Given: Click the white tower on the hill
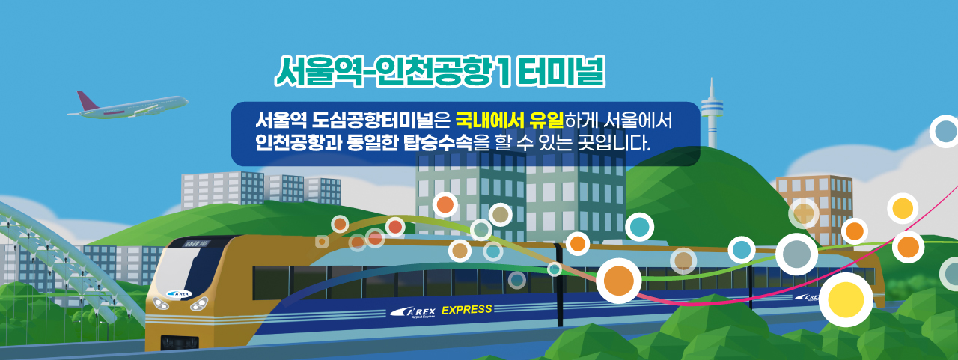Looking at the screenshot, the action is (x=712, y=113).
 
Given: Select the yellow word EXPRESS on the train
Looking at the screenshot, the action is (x=466, y=310).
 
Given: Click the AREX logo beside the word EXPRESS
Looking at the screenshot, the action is (x=413, y=313).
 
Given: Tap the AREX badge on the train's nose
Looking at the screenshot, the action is (x=179, y=293).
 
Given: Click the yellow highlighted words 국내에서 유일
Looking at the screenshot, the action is (x=510, y=120).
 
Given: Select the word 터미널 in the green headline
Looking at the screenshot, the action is (x=561, y=71).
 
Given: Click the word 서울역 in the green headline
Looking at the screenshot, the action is (x=319, y=71).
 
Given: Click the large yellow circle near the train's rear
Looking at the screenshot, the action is (x=846, y=299).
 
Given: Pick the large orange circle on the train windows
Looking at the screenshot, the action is (x=618, y=281).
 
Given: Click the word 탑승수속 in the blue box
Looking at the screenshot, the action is (x=438, y=142).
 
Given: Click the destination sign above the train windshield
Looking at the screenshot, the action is (x=196, y=243).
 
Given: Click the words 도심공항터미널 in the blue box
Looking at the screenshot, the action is (x=372, y=120).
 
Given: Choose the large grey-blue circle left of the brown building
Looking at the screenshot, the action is (x=797, y=254).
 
